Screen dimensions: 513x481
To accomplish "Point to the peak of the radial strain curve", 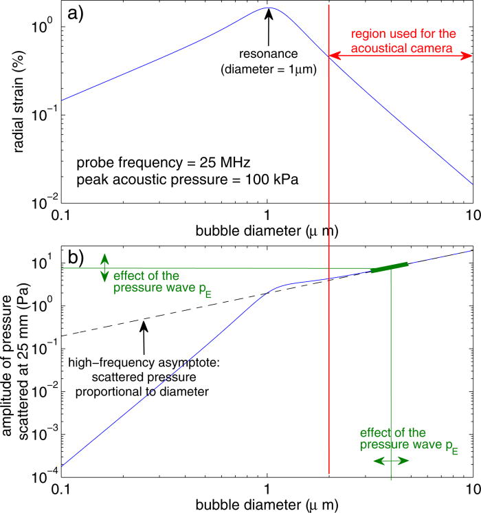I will pyautogui.click(x=269, y=8).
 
